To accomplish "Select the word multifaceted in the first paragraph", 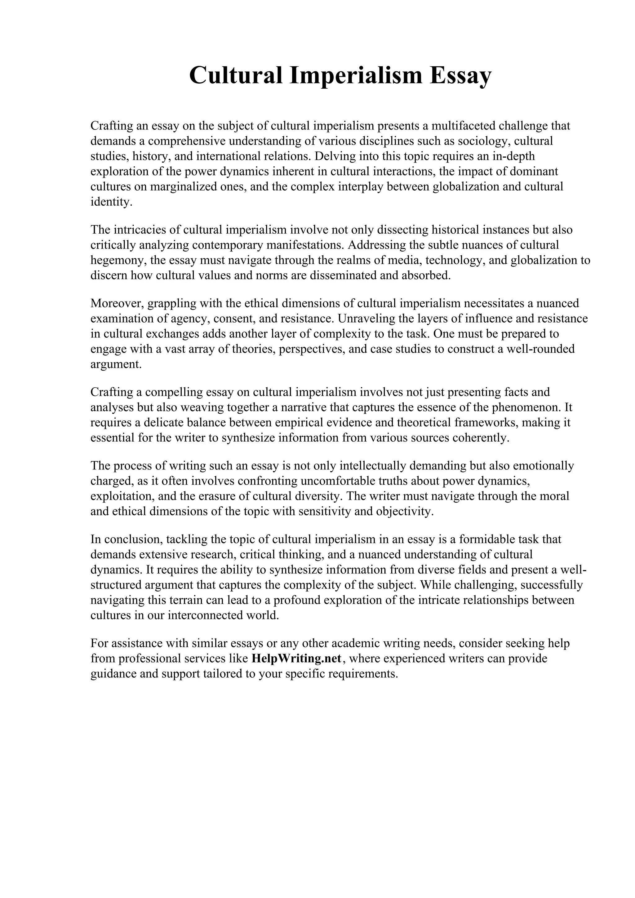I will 463,125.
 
